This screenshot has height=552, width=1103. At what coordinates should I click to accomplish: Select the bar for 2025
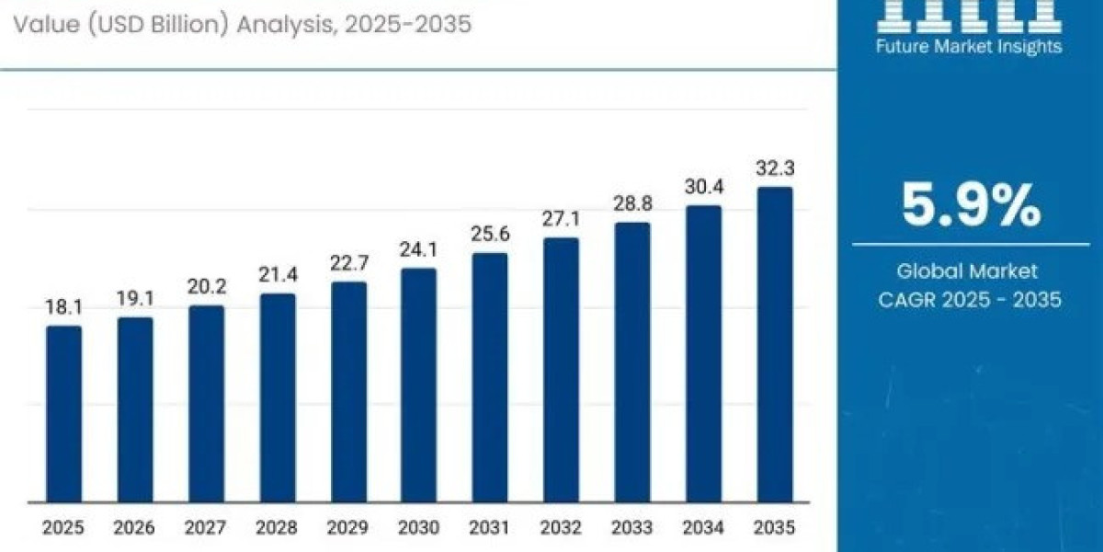pos(63,414)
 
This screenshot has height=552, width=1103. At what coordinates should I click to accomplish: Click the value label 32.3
pos(775,168)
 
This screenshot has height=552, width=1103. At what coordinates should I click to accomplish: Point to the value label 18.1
pos(63,307)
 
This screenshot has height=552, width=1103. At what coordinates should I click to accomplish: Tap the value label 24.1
pos(419,249)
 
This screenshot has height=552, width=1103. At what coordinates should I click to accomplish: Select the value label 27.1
pos(562,219)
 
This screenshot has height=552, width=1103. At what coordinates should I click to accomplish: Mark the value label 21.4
pos(278,275)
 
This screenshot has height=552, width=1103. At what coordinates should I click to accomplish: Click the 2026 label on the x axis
pos(135,528)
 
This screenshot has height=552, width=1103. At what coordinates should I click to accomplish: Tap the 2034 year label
pos(704,528)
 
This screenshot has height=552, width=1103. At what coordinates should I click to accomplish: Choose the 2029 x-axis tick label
pos(348,528)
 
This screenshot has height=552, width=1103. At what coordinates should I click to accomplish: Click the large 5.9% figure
pos(971,205)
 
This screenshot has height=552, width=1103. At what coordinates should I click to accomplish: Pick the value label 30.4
pos(704,187)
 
